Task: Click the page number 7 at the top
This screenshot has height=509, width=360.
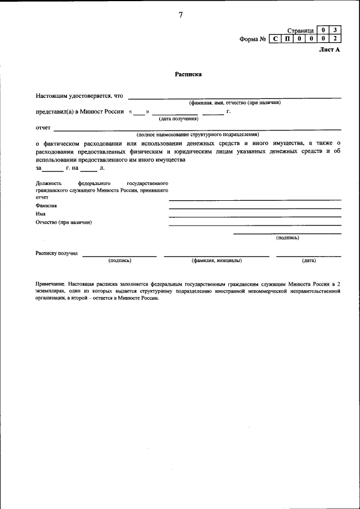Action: (x=181, y=15)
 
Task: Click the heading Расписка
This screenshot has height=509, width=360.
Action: (x=188, y=74)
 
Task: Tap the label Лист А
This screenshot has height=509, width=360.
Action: (x=331, y=49)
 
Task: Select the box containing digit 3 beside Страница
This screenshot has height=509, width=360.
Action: (x=335, y=30)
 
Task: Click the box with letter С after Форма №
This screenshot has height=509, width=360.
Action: (x=275, y=39)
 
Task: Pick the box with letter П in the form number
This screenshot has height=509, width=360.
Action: (x=287, y=39)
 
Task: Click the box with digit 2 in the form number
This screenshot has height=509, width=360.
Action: (x=335, y=39)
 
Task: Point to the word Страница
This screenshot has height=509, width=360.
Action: (x=300, y=30)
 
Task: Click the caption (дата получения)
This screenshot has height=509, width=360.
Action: (x=178, y=119)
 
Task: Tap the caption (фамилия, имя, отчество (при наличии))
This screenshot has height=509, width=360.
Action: (x=235, y=102)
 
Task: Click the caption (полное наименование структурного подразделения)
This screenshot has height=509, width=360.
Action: (x=197, y=135)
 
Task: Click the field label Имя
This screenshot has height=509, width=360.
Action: (x=40, y=214)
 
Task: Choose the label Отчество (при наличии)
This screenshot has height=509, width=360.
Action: (x=64, y=222)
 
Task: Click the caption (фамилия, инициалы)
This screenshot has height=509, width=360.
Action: (x=217, y=260)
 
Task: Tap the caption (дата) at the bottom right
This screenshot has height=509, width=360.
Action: (x=309, y=260)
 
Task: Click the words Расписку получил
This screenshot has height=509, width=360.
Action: (x=57, y=254)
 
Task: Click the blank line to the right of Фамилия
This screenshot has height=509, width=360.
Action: (x=255, y=208)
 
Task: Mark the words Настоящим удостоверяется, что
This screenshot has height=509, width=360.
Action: (x=79, y=96)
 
